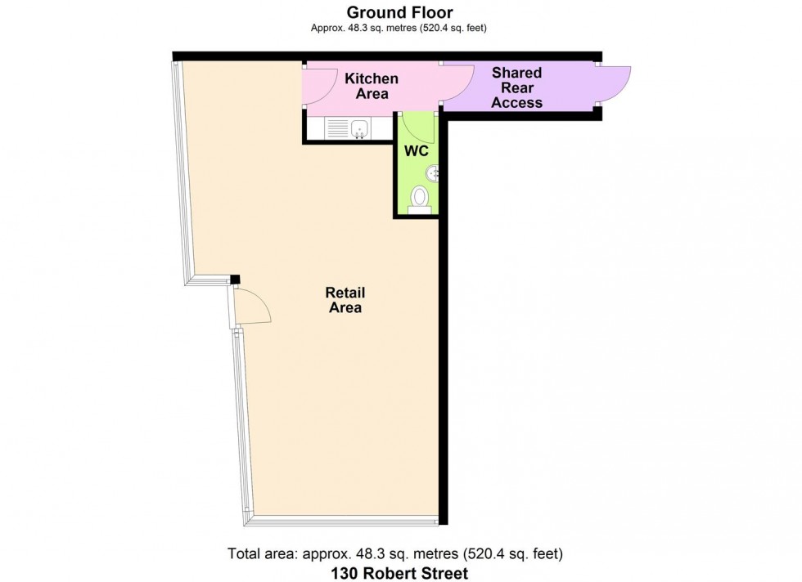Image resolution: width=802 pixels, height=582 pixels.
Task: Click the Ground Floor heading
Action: click(400, 12)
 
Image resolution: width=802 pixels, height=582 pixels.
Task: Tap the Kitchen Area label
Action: click(372, 86)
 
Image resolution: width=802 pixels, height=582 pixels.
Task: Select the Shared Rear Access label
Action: click(516, 87)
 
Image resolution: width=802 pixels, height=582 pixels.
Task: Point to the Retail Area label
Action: click(345, 300)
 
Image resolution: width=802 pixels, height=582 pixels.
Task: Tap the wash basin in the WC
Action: click(432, 172)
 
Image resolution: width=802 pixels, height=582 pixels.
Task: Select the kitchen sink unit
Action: click(348, 128)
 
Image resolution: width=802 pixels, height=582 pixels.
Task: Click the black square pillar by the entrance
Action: click(235, 280)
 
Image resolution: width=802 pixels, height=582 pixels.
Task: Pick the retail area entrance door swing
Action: click(252, 307)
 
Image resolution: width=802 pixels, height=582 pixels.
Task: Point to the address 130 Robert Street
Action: click(400, 573)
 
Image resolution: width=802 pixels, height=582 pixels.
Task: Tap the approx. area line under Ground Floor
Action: click(400, 28)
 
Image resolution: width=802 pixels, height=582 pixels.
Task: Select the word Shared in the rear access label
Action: click(516, 73)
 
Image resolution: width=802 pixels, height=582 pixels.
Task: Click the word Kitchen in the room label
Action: click(372, 78)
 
